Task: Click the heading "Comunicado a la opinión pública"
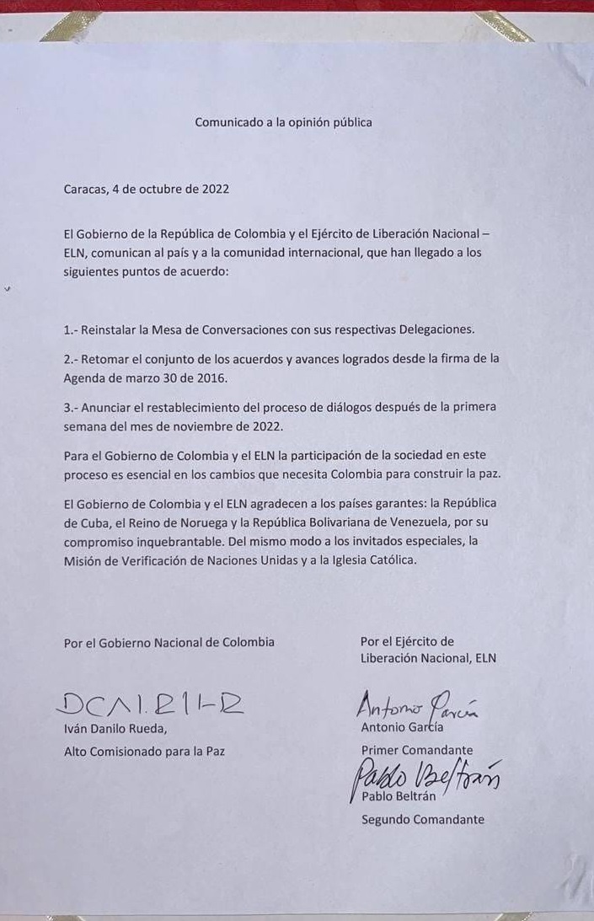[283, 121]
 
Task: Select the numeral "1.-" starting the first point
[72, 329]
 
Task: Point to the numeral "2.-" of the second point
[72, 359]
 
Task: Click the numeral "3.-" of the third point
[72, 407]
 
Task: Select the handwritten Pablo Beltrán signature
[425, 776]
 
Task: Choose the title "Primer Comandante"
[416, 750]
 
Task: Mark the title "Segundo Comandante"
[422, 819]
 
